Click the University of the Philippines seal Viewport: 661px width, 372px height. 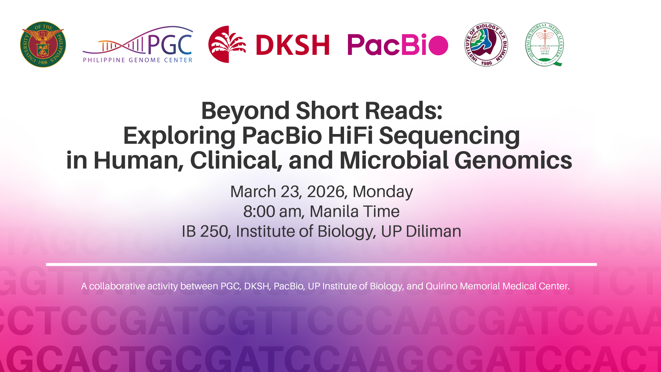click(43, 45)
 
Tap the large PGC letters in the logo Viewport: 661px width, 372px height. click(169, 44)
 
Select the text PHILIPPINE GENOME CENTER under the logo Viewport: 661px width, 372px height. click(137, 60)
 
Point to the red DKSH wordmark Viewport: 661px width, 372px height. click(292, 45)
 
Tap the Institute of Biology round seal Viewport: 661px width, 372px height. click(486, 45)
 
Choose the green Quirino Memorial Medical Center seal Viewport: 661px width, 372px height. click(545, 45)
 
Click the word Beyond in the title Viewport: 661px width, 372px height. click(245, 111)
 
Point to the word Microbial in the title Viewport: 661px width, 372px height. click(394, 160)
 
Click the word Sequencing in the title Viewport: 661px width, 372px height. click(449, 136)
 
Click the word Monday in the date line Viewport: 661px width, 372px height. click(382, 192)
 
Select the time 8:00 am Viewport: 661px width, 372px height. click(273, 212)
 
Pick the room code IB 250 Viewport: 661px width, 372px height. click(205, 232)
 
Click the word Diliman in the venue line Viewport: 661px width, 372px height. click(433, 232)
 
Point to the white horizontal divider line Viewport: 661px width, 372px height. click(321, 264)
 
